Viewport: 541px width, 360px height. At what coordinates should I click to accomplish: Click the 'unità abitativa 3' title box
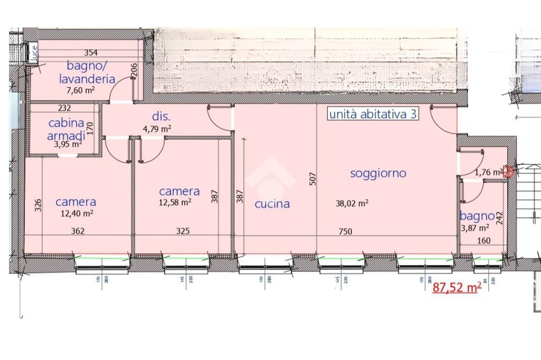tap(372, 114)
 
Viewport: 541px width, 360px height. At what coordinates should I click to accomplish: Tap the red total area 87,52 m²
tap(457, 288)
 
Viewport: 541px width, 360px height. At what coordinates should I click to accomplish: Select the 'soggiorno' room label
tap(378, 173)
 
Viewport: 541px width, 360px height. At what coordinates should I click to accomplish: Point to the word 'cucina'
tap(272, 204)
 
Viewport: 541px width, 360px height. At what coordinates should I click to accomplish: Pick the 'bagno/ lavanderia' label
tap(91, 73)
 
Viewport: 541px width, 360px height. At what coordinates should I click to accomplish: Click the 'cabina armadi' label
tap(66, 128)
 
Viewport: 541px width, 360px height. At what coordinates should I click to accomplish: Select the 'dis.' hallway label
tap(161, 116)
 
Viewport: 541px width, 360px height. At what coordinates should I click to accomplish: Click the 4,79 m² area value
tap(157, 128)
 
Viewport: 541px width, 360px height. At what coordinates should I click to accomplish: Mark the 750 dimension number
tap(345, 231)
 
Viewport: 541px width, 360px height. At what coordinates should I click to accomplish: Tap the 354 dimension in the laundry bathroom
tap(91, 52)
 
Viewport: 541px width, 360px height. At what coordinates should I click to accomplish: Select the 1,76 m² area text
tap(489, 172)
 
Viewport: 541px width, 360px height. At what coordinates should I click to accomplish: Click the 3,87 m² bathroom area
tap(475, 228)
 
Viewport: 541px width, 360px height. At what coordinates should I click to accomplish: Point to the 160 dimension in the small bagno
tap(484, 241)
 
